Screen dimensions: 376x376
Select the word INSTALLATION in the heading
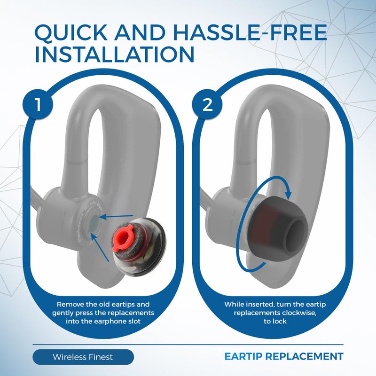115,55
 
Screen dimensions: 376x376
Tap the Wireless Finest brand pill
83,357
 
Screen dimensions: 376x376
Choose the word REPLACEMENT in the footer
307,356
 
